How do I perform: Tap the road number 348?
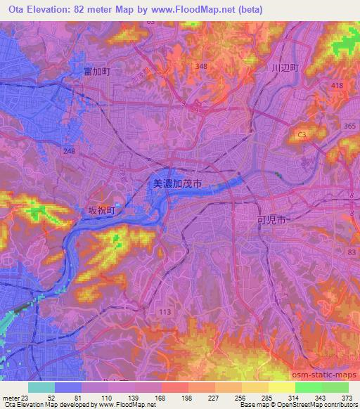[202, 66]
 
